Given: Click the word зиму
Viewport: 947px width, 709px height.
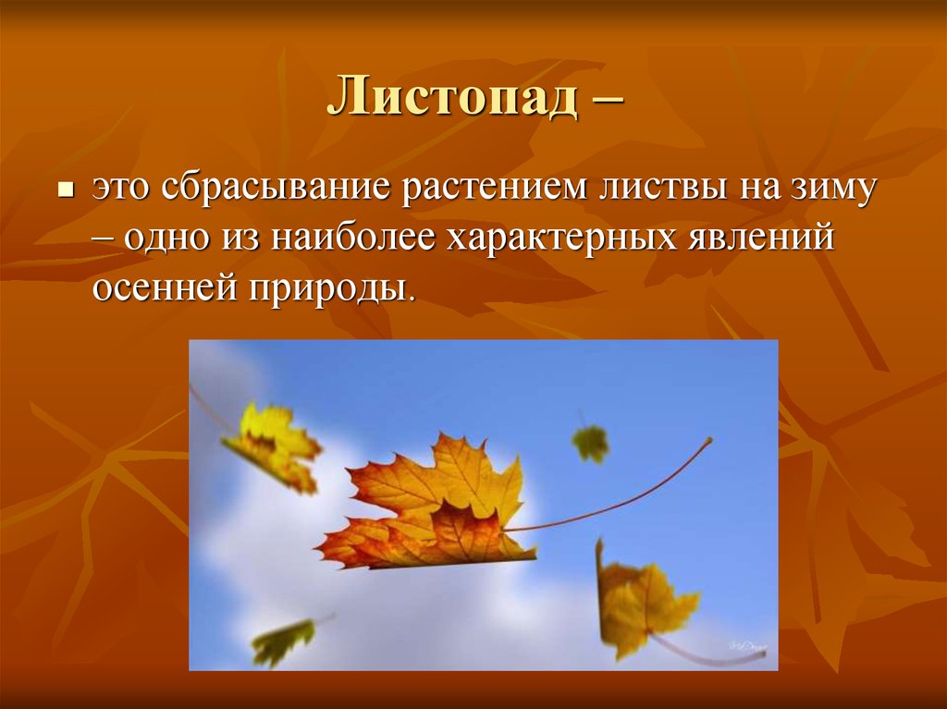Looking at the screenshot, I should [831, 191].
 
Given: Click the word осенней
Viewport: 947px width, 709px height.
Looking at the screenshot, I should [161, 288].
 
